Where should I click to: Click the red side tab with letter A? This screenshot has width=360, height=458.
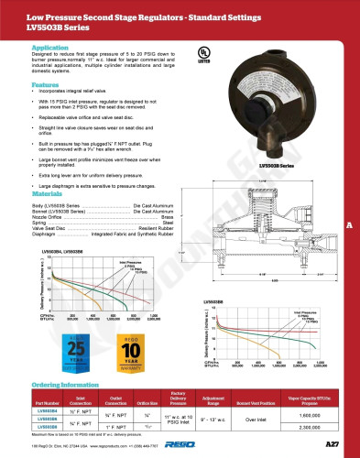349,225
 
